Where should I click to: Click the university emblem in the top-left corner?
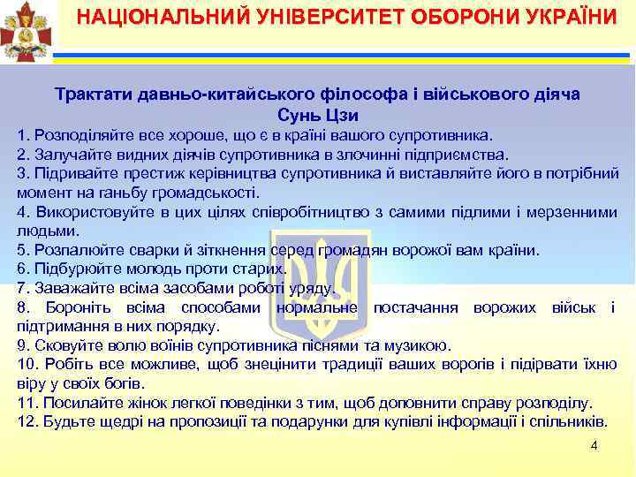pyautogui.click(x=26, y=32)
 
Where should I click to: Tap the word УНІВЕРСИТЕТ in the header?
pyautogui.click(x=297, y=17)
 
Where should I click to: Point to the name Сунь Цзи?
pyautogui.click(x=317, y=116)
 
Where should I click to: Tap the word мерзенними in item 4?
pyautogui.click(x=572, y=212)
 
